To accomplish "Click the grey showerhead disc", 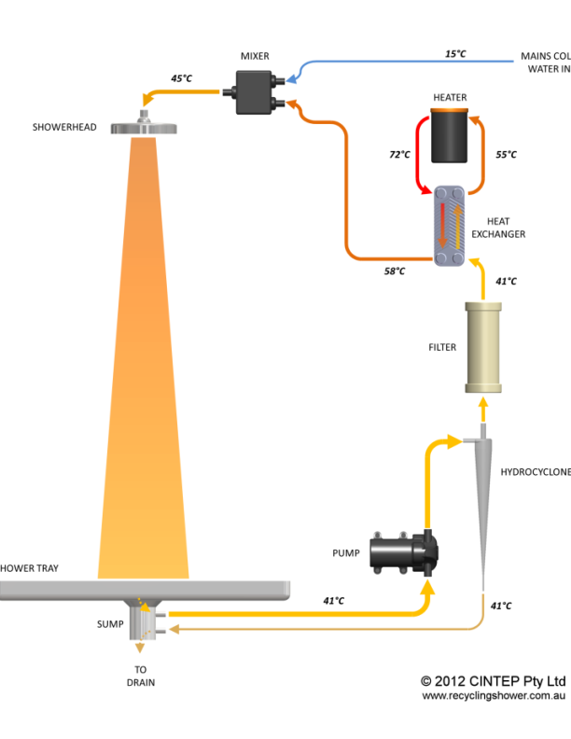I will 146,128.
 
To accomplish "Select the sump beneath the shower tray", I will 145,620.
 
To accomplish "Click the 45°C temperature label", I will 181,78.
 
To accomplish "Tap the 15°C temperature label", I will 455,54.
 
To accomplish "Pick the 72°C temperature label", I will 399,155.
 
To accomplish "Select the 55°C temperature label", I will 505,155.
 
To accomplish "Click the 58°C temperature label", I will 395,271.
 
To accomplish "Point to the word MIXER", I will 255,56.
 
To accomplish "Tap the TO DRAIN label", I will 140,676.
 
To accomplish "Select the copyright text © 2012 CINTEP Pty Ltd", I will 494,680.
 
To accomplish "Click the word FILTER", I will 442,348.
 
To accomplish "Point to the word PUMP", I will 345,553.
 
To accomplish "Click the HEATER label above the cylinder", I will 450,98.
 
